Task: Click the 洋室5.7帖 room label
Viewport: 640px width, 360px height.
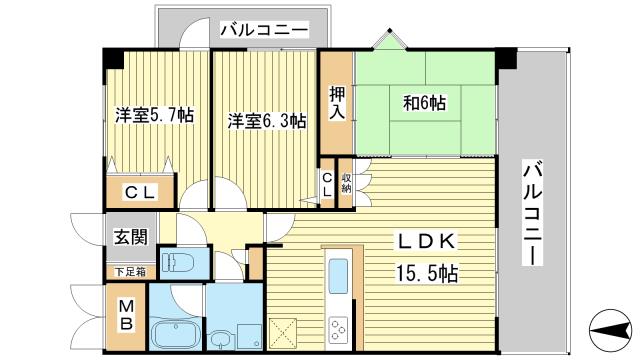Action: coord(154,116)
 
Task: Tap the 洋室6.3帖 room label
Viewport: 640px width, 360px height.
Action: coord(267,121)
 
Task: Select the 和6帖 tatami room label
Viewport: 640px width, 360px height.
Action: coord(424,103)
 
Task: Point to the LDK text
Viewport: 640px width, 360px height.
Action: coord(426,242)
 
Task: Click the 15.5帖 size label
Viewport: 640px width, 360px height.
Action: coord(426,273)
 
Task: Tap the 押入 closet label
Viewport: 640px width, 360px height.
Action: coord(337,104)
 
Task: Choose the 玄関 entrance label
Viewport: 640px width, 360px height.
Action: coord(131,237)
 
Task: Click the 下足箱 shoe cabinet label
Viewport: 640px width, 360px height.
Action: coord(130,271)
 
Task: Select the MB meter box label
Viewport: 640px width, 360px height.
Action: coord(127,315)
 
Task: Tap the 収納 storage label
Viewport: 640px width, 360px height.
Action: coord(347,183)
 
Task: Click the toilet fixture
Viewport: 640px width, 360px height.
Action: coord(178,262)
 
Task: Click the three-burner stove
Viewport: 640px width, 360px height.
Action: coord(338,329)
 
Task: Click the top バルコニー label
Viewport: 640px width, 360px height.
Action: coord(264,30)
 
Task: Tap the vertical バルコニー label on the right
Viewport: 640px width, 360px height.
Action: coord(533,213)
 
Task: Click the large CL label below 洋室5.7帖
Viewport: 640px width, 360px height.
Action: coord(140,192)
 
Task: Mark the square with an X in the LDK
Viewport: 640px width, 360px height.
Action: coord(283,331)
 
